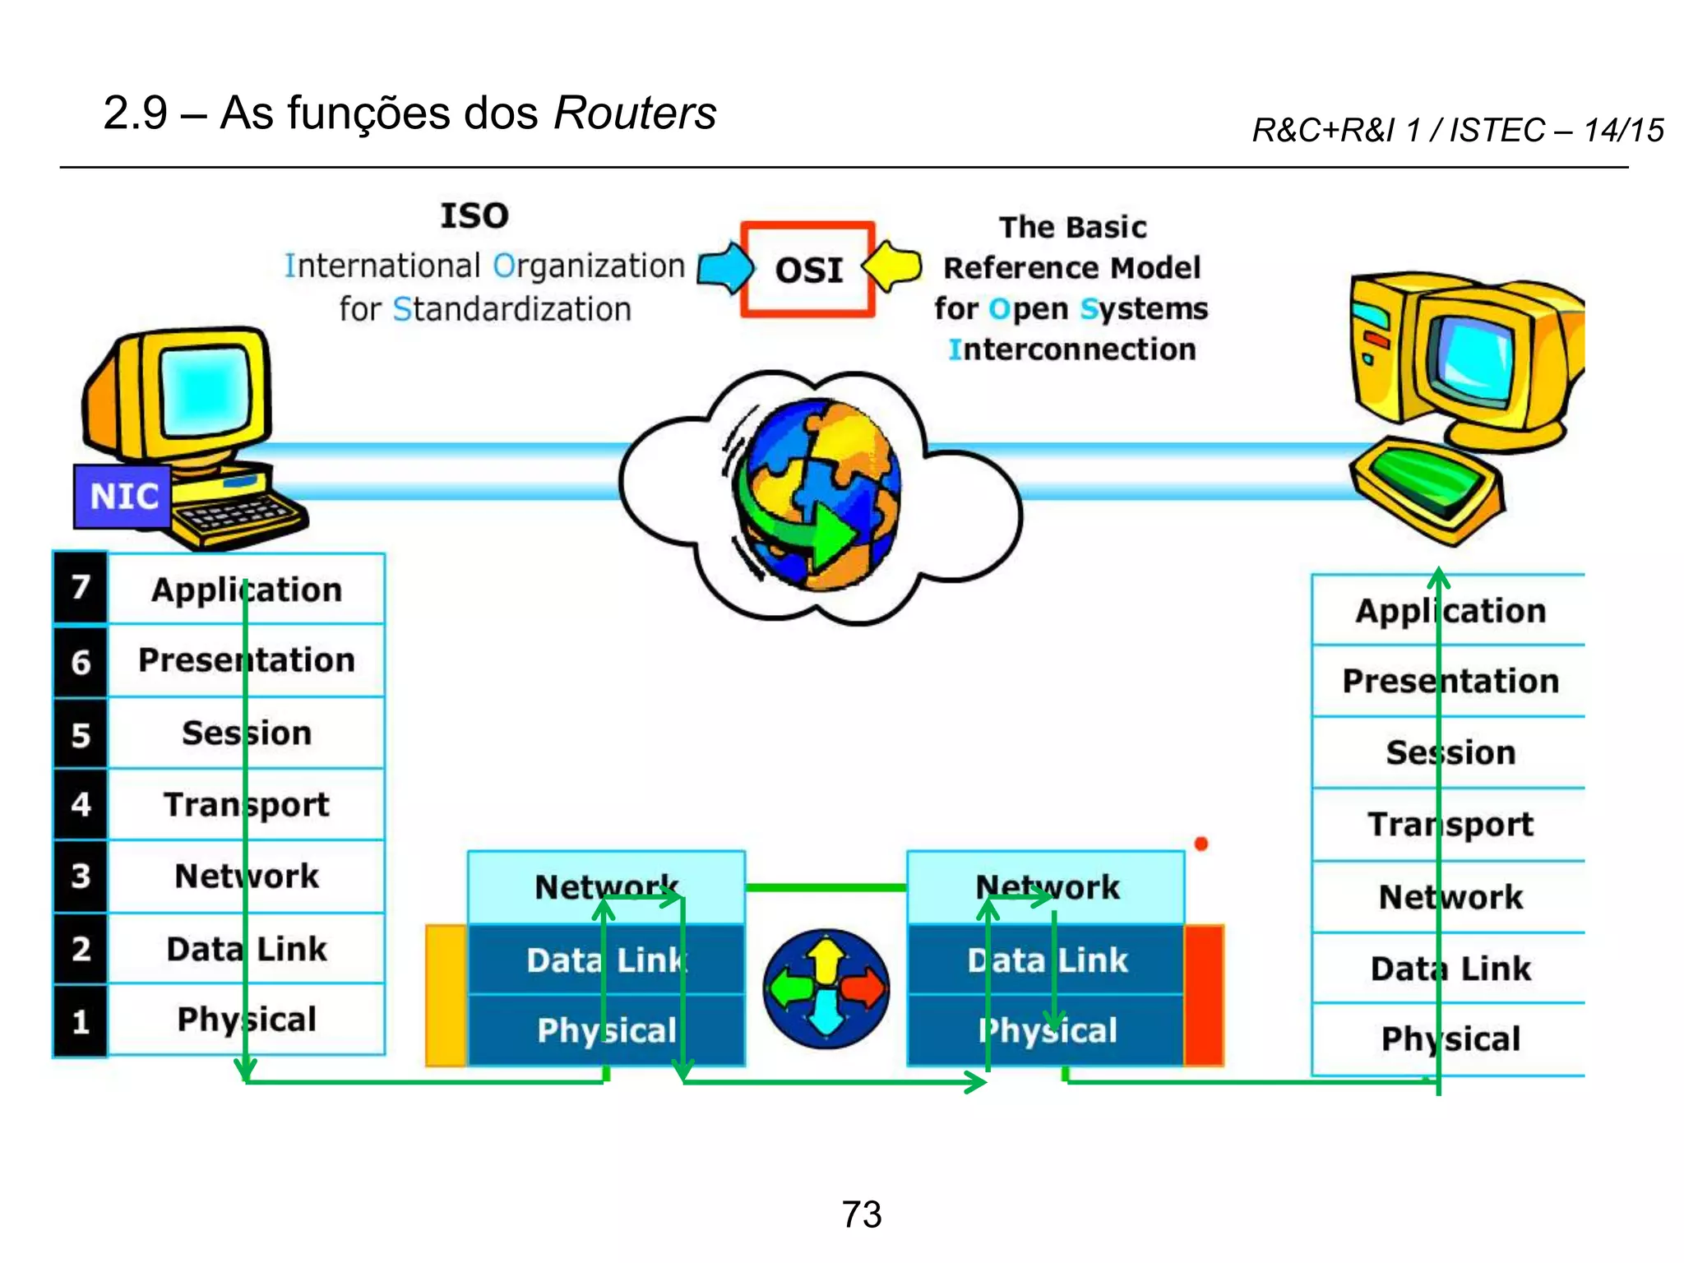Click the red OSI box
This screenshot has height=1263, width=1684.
tap(807, 269)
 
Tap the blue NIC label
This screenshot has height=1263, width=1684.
tap(123, 496)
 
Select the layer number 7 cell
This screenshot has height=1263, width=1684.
tap(80, 587)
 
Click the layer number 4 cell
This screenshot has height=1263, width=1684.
tap(80, 804)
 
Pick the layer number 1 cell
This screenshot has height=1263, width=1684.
tap(80, 1021)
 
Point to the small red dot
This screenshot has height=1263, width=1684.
tap(1201, 844)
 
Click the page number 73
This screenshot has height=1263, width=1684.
tap(861, 1214)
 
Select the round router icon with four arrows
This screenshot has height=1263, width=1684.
tap(826, 988)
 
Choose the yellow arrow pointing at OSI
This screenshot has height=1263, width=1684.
tap(893, 266)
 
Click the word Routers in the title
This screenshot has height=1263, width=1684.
tap(635, 113)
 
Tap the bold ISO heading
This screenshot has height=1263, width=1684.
tap(474, 215)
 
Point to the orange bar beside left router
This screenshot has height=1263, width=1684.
tap(446, 995)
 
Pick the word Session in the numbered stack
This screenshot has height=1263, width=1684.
tap(247, 733)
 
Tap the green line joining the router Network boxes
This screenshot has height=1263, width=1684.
tap(826, 887)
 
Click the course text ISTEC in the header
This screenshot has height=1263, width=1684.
tap(1497, 130)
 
